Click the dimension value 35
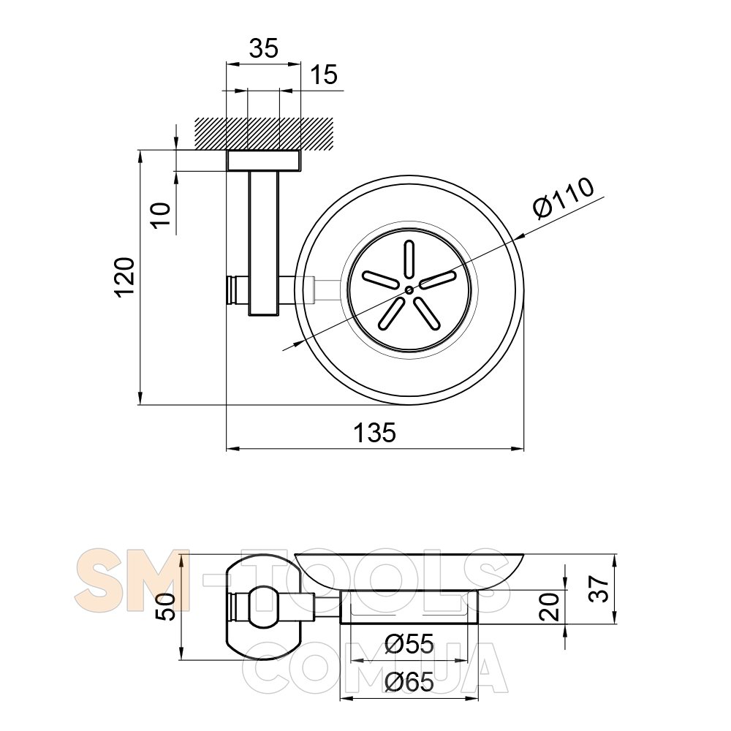pos(263,48)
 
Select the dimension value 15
pos(324,75)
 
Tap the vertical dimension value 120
pos(125,276)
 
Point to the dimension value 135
pos(375,432)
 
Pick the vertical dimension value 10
pos(162,215)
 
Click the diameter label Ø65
pos(410,683)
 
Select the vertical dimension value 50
pos(165,607)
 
